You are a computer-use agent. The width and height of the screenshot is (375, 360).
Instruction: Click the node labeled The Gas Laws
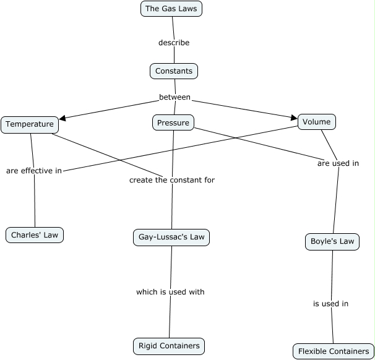(171, 9)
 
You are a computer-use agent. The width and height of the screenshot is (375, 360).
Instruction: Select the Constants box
(174, 71)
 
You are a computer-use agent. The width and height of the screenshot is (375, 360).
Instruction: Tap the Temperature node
(30, 124)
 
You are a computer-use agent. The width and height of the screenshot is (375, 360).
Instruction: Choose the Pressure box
(173, 123)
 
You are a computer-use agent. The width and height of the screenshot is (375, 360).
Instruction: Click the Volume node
(317, 122)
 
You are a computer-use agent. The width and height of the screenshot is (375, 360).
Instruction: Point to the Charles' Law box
(35, 235)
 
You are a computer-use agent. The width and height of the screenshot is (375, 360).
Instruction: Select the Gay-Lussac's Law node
(171, 237)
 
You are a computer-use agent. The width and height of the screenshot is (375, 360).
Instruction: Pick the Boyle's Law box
(332, 241)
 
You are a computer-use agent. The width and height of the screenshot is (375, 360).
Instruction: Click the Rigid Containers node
(169, 346)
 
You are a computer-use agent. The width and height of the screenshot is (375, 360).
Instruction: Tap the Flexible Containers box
(334, 351)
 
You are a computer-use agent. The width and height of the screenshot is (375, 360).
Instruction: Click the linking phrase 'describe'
(174, 43)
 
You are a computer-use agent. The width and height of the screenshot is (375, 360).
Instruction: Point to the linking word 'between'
(175, 97)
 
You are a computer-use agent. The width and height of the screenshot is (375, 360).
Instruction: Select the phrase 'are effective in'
(34, 171)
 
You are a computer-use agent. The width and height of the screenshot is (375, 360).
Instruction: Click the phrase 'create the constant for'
(172, 180)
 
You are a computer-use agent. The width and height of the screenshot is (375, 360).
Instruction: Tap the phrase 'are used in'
(338, 164)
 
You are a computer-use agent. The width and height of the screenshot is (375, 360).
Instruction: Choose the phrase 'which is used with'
(170, 291)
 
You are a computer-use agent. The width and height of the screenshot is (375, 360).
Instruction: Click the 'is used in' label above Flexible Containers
(330, 304)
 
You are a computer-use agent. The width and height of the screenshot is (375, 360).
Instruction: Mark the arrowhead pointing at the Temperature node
(62, 116)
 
